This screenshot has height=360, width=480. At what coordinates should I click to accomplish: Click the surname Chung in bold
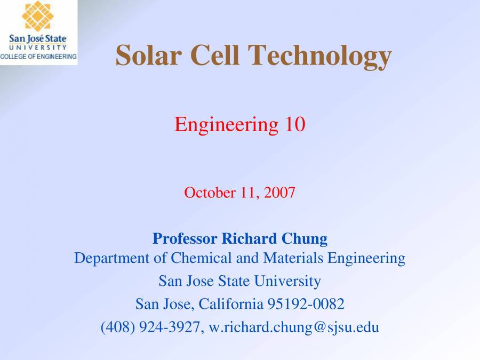pyautogui.click(x=302, y=238)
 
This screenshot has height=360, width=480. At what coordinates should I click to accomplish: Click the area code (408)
pyautogui.click(x=118, y=327)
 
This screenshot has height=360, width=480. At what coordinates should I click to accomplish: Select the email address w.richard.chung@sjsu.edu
pyautogui.click(x=293, y=327)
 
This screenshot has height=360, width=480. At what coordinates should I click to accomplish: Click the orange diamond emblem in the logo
pyautogui.click(x=37, y=16)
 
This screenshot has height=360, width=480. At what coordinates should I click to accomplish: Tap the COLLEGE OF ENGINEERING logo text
pyautogui.click(x=38, y=57)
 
